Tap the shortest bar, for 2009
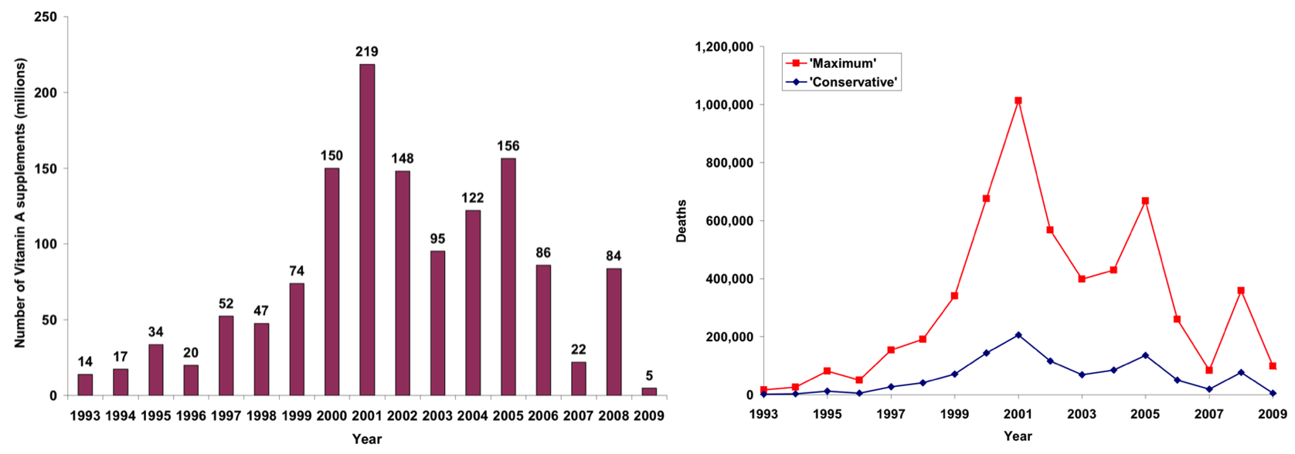click(x=649, y=391)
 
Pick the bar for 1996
click(x=191, y=380)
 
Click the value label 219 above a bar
click(x=367, y=52)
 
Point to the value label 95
click(x=437, y=239)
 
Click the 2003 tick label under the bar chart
click(x=437, y=415)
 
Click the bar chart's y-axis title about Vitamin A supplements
click(x=20, y=203)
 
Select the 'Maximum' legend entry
click(x=842, y=63)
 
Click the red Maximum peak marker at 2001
click(x=1018, y=100)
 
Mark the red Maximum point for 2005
click(x=1145, y=201)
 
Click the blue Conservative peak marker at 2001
click(x=1018, y=335)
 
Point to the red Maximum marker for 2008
click(x=1241, y=291)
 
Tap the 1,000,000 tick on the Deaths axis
click(x=725, y=105)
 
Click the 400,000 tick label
click(x=730, y=279)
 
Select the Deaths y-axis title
click(x=681, y=221)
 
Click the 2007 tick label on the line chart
click(x=1209, y=414)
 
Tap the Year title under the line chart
click(x=1018, y=436)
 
